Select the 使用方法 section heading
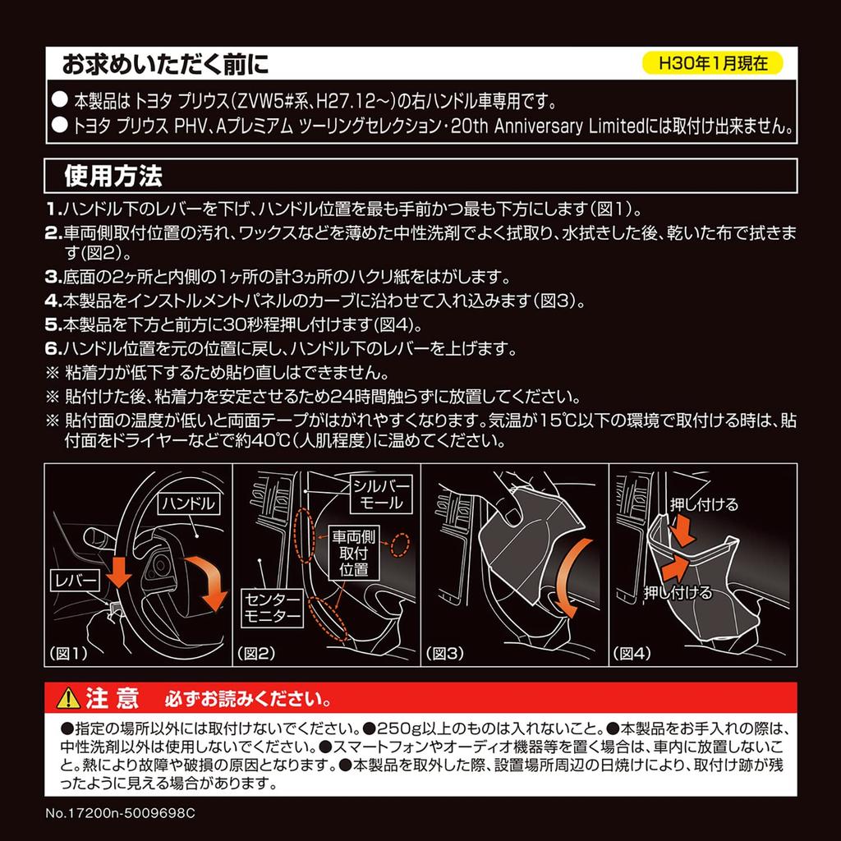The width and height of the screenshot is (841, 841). pos(113,176)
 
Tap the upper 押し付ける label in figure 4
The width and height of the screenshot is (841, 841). pos(704,504)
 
